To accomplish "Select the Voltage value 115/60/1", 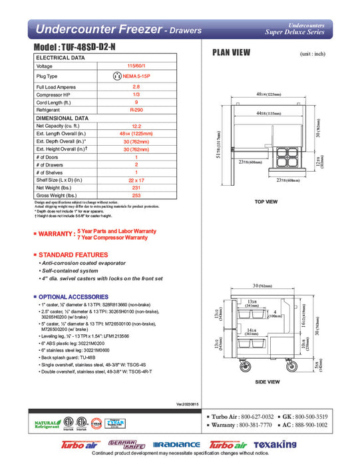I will (136, 67).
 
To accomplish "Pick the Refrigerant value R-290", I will (136, 109).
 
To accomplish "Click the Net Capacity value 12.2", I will (136, 125).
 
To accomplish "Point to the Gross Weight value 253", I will (136, 196).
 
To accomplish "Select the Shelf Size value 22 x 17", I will (136, 180).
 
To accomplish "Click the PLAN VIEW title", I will (230, 53).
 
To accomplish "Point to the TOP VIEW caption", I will (266, 201).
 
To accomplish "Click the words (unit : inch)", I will (313, 53).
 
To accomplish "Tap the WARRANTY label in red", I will (56, 234).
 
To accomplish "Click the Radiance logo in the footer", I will (176, 445).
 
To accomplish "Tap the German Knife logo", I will (126, 444).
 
